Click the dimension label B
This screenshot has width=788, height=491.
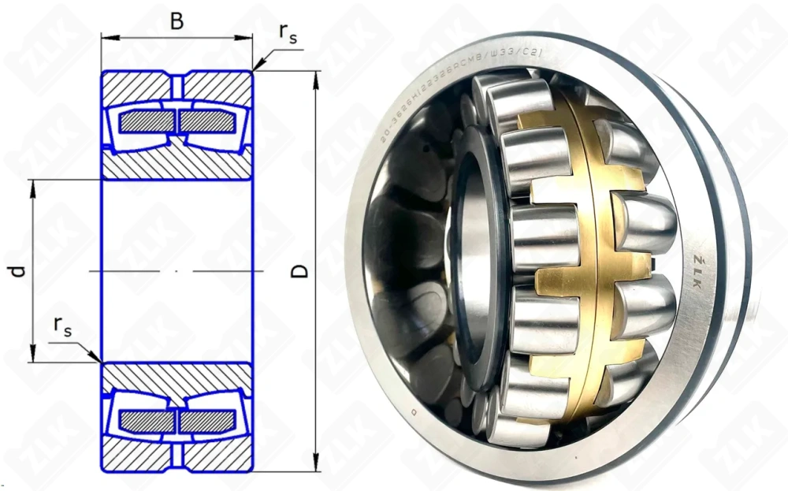click(x=177, y=20)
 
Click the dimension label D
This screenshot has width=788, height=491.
click(x=299, y=271)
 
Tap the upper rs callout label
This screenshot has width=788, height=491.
click(x=288, y=32)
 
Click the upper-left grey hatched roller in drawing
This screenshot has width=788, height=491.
click(x=147, y=121)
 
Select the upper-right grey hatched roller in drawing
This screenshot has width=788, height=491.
click(x=207, y=121)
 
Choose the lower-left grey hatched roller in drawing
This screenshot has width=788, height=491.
click(x=147, y=422)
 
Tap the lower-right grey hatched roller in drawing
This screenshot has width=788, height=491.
click(x=207, y=422)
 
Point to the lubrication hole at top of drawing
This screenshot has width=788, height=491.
click(x=177, y=83)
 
